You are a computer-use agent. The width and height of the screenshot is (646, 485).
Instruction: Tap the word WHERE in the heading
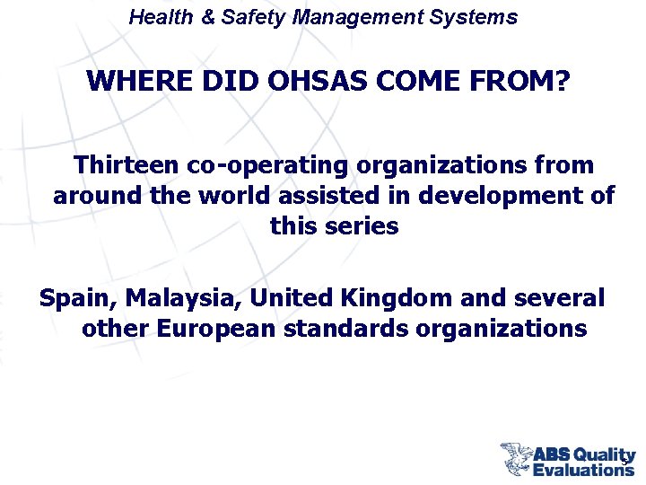129,82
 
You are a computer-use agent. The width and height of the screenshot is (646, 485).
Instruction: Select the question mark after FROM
563,82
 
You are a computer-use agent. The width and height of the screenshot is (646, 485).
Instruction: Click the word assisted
313,195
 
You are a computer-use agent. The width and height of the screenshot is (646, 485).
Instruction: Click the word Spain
77,297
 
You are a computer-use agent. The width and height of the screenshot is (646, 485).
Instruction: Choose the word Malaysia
183,297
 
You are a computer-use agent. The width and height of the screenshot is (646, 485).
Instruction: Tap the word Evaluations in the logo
582,468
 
